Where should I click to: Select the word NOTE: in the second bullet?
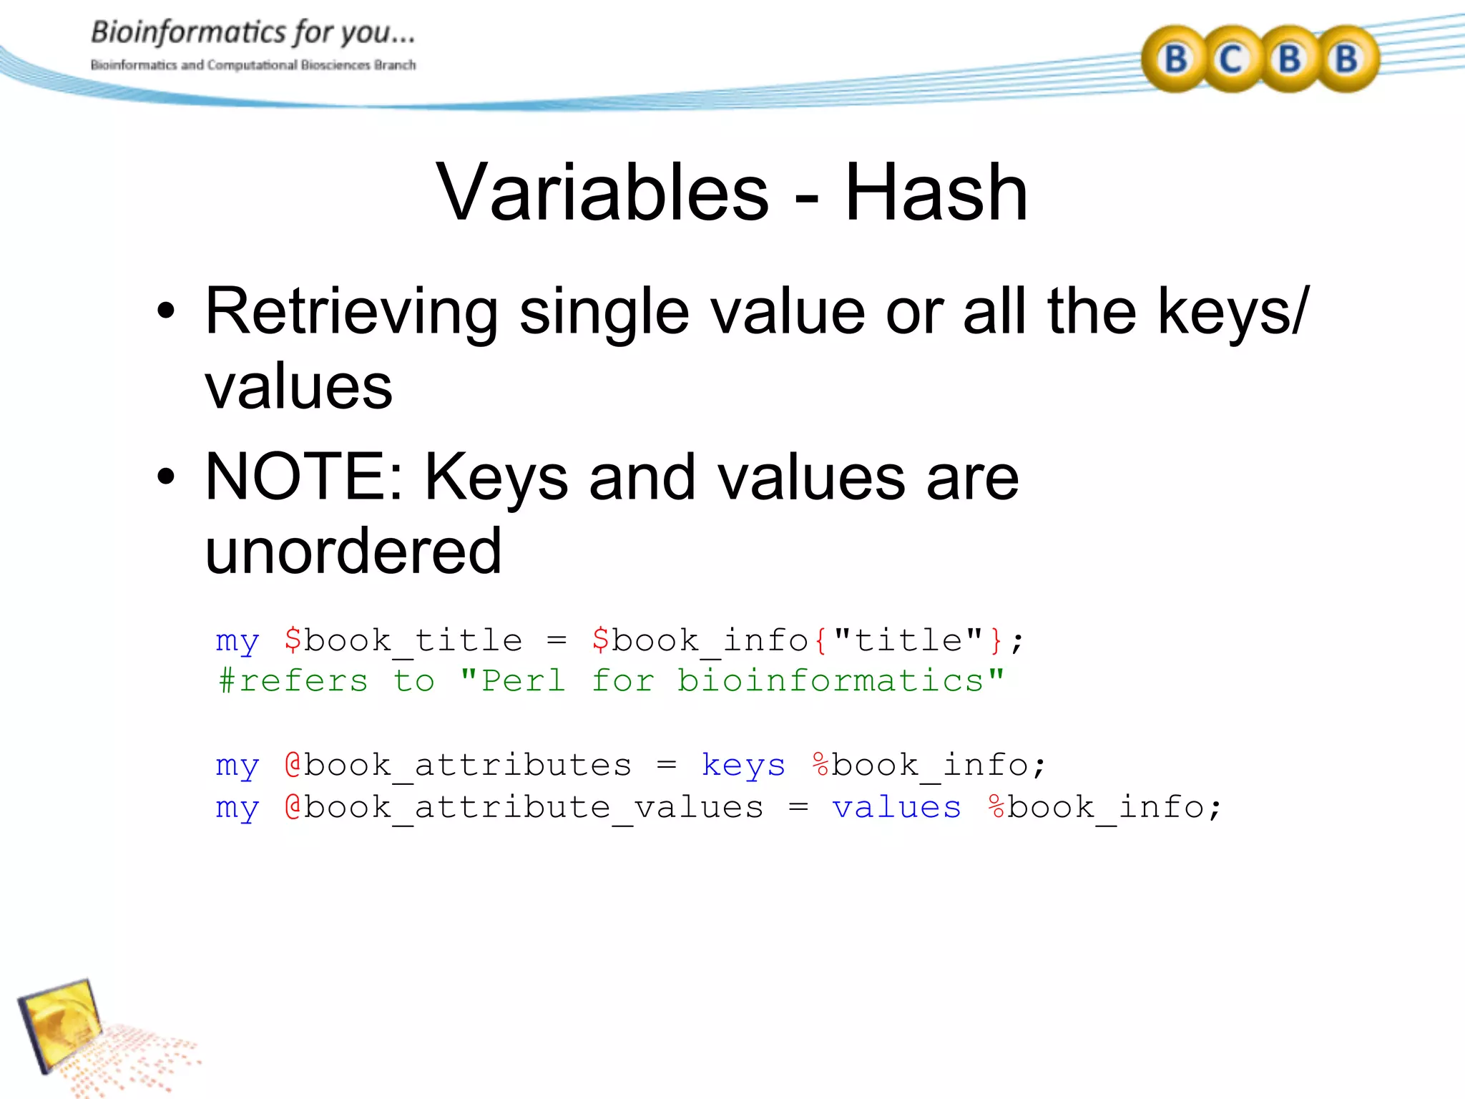pyautogui.click(x=305, y=477)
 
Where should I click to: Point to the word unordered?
pyautogui.click(x=353, y=551)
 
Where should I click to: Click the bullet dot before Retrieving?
pyautogui.click(x=166, y=312)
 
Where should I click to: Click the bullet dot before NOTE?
pyautogui.click(x=166, y=477)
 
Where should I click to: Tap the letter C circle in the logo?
pyautogui.click(x=1230, y=59)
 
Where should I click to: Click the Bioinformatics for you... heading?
pyautogui.click(x=253, y=33)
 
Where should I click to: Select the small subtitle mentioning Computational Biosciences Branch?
pyautogui.click(x=253, y=65)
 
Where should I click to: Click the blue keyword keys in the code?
pyautogui.click(x=743, y=766)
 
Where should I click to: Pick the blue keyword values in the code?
pyautogui.click(x=896, y=808)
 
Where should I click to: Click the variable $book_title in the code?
pyautogui.click(x=403, y=640)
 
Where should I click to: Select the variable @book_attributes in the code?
pyautogui.click(x=458, y=766)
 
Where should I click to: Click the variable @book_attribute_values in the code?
pyautogui.click(x=524, y=808)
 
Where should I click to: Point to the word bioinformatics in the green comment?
pyautogui.click(x=831, y=680)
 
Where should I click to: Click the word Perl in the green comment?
pyautogui.click(x=523, y=680)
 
